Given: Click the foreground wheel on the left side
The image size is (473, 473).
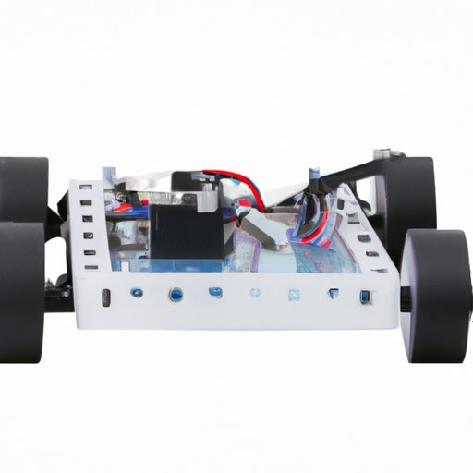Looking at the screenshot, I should tap(20, 292).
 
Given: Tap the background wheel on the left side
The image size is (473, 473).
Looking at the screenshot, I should tap(22, 188).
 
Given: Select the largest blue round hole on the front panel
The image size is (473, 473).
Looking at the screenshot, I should tap(176, 296).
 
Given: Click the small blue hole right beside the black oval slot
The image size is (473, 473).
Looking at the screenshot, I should tap(136, 294).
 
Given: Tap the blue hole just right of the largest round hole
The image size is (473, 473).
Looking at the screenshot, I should tap(215, 294).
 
